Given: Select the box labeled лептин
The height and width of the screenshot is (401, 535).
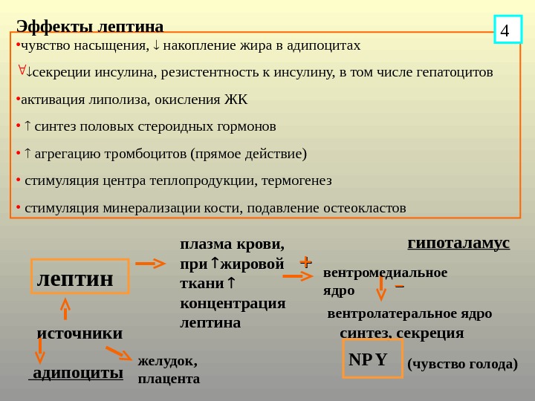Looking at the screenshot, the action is click(x=80, y=278).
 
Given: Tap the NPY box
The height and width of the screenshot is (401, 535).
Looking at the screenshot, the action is click(x=372, y=359).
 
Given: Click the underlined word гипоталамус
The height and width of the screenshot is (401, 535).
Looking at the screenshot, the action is click(x=458, y=243).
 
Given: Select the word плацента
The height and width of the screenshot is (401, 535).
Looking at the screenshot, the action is click(x=169, y=379).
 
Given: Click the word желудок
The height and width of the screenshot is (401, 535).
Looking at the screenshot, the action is click(x=168, y=362).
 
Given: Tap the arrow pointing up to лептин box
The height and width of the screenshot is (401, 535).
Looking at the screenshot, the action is click(x=65, y=307).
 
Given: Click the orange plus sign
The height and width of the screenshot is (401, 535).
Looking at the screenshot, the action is click(x=305, y=262).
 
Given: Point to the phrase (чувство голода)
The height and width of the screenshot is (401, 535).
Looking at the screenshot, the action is click(x=462, y=364).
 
